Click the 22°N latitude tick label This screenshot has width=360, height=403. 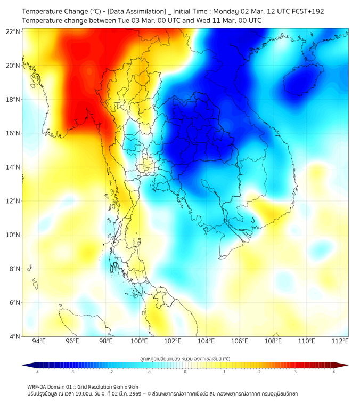click(x=13, y=31)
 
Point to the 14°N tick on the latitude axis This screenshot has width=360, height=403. click(x=13, y=167)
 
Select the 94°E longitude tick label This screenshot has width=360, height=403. click(x=38, y=341)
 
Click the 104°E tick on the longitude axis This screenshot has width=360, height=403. click(x=206, y=341)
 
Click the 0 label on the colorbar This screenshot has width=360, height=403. click(x=185, y=372)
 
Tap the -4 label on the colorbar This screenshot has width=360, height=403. click(x=36, y=372)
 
